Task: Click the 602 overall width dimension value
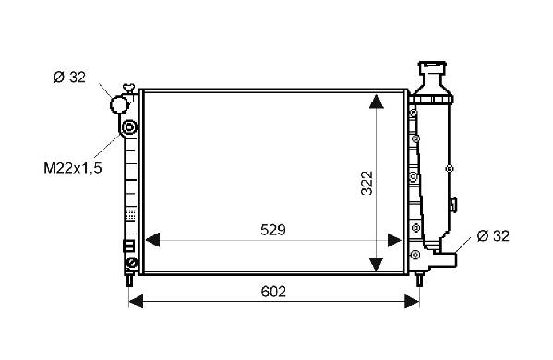point(273,292)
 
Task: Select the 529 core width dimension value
point(273,230)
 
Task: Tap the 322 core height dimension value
point(367,183)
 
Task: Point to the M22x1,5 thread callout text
point(73,168)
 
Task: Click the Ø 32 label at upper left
point(69,77)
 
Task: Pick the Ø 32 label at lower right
point(493,236)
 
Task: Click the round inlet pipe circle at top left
point(119,104)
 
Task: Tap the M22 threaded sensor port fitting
point(129,127)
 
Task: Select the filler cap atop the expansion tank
point(432,67)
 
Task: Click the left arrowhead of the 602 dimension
point(136,302)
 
